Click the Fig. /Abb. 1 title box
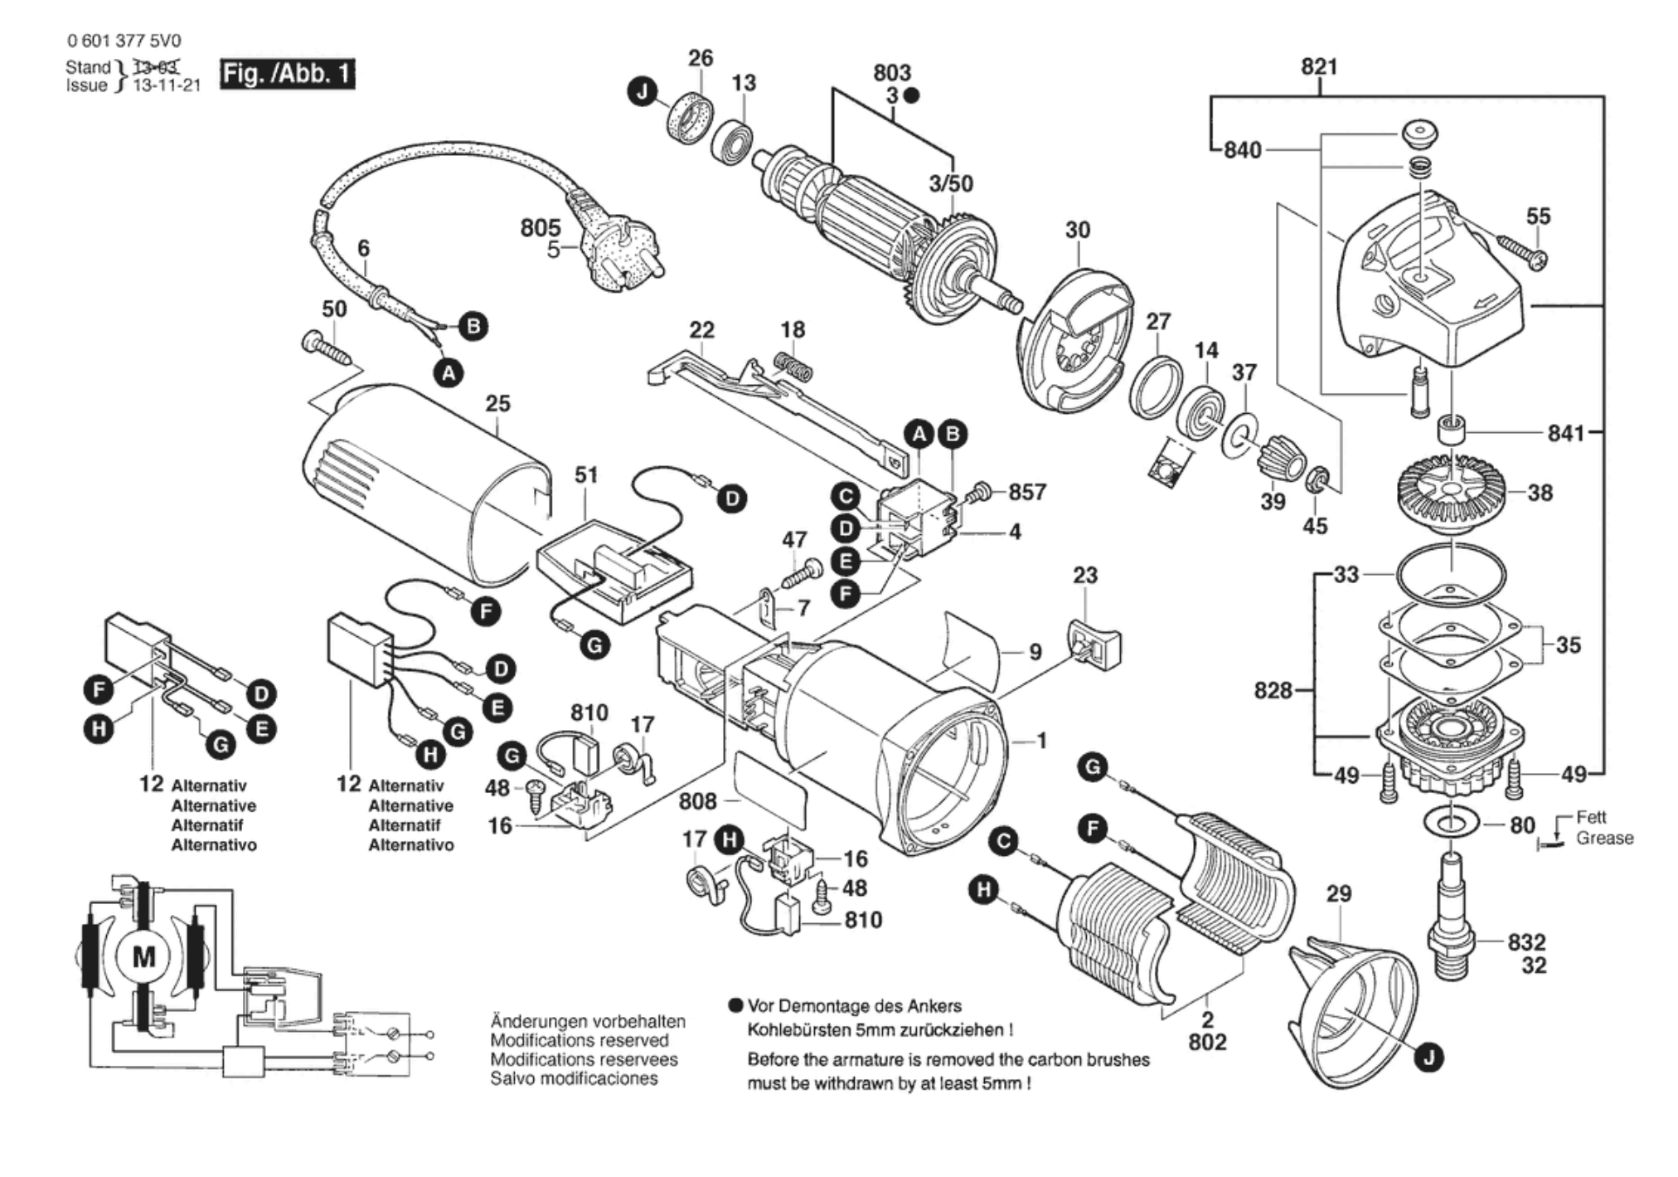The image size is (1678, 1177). [x=287, y=74]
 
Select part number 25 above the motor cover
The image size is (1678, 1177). [x=498, y=404]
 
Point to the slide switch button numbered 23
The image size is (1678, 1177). [x=1094, y=642]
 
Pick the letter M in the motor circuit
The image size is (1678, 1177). [x=143, y=956]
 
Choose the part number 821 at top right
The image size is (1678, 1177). [x=1319, y=66]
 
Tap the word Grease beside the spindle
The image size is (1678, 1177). [x=1604, y=838]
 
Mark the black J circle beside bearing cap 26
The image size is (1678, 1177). [x=643, y=91]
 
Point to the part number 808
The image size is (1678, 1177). [x=697, y=801]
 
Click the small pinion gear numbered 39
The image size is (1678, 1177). [x=1281, y=458]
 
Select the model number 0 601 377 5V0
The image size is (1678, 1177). [x=124, y=41]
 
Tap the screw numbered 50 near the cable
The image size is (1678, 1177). [x=328, y=348]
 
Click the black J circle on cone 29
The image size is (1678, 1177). [x=1428, y=1058]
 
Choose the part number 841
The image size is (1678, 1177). [x=1566, y=432]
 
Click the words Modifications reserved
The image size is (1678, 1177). [x=580, y=1040]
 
